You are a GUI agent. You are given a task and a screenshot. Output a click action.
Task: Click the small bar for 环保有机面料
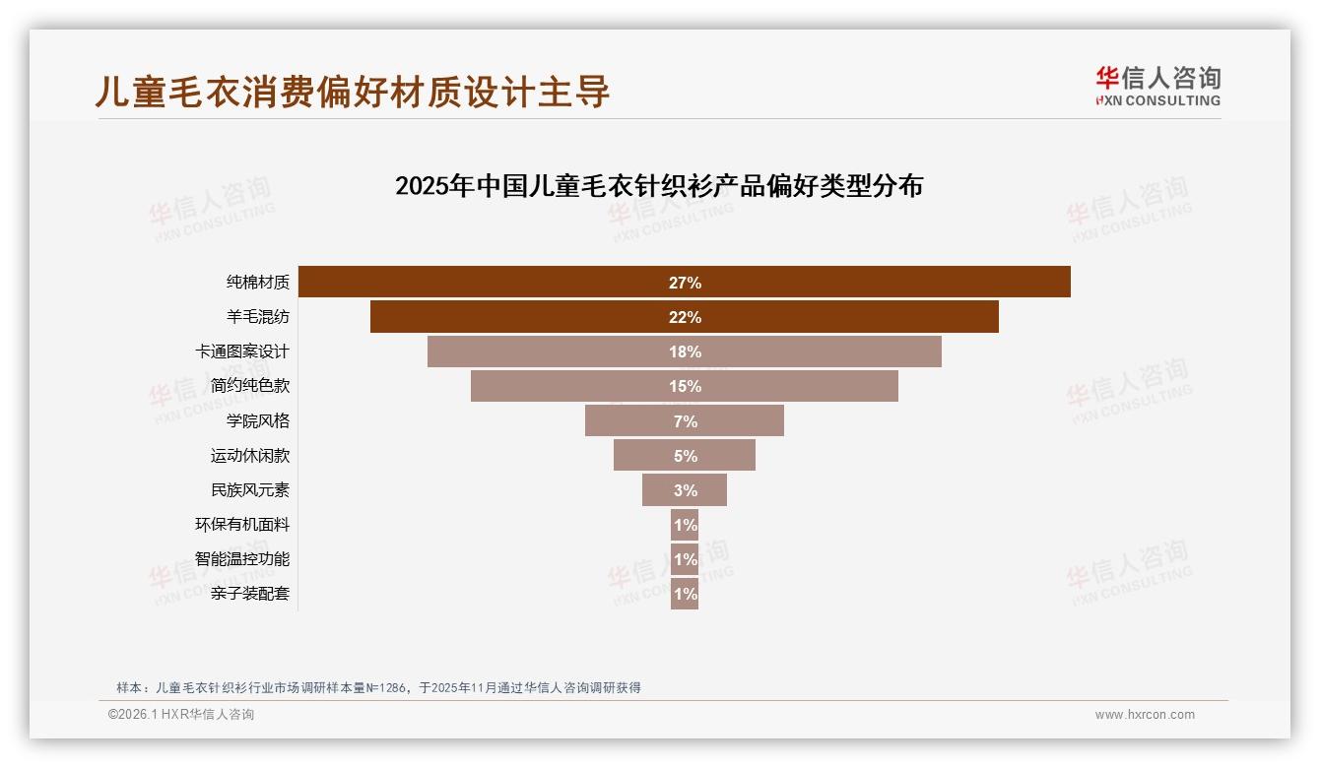[685, 525]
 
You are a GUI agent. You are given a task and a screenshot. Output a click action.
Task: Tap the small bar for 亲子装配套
[685, 594]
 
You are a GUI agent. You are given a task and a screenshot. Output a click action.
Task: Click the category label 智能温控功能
[242, 558]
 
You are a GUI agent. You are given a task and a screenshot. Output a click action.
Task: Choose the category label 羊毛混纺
[258, 317]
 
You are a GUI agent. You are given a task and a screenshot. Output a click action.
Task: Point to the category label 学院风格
[258, 420]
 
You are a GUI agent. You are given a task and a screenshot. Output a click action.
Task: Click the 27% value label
[685, 283]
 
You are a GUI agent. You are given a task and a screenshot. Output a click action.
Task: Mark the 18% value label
[685, 352]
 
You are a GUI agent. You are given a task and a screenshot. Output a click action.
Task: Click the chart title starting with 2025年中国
[658, 185]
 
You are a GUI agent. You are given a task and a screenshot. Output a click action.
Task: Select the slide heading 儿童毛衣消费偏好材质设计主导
[353, 92]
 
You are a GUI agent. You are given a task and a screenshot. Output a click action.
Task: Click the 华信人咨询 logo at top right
[1157, 86]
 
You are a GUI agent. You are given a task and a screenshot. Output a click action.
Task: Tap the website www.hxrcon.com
[1145, 715]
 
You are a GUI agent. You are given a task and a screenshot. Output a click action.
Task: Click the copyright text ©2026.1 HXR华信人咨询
[181, 715]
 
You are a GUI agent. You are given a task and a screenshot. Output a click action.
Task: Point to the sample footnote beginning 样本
[379, 687]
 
